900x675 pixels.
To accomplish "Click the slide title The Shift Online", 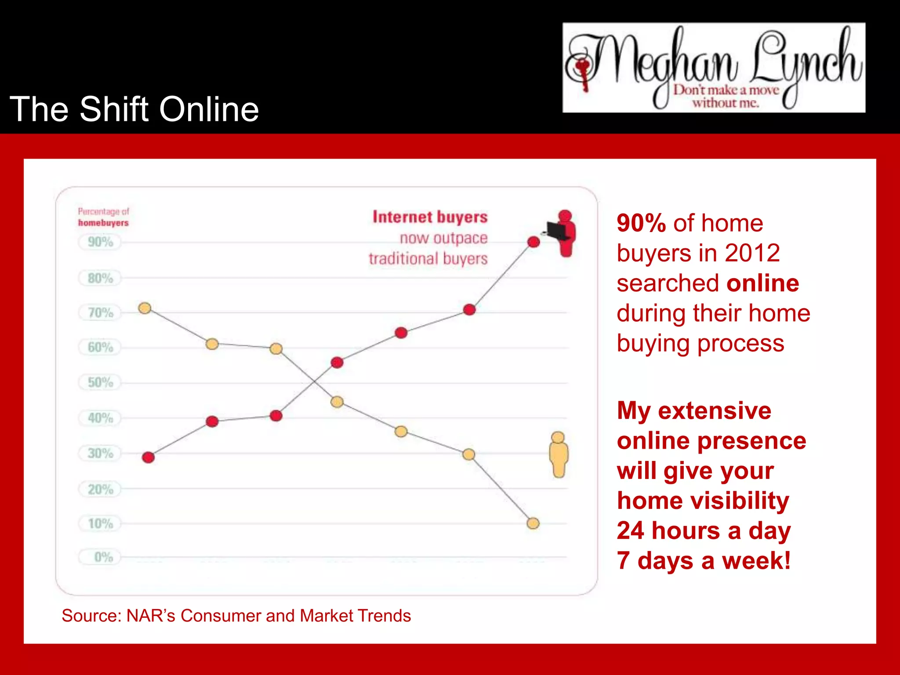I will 134,109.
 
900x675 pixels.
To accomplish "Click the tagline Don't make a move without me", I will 726,96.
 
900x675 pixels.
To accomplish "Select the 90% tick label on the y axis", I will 100,242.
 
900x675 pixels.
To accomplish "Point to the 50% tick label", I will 100,382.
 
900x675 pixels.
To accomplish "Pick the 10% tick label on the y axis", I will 100,523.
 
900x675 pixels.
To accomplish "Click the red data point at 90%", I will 533,242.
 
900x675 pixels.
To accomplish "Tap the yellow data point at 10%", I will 533,523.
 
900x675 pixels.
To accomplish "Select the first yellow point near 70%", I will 145,308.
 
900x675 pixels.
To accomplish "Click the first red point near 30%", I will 149,457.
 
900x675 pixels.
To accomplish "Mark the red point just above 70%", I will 469,309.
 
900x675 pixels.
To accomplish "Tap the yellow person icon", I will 559,455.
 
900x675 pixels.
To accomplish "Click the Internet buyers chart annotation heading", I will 430,217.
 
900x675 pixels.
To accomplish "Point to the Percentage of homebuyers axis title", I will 103,217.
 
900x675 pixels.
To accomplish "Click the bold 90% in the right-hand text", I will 641,223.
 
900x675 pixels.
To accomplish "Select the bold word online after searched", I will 762,283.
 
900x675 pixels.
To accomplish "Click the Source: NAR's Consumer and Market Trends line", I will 236,616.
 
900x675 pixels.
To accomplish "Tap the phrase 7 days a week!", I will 704,561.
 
